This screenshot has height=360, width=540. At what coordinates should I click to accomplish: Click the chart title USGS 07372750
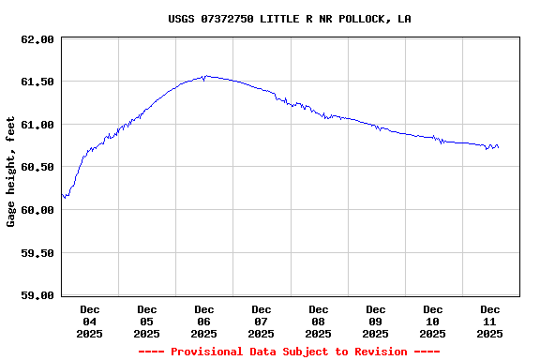289,19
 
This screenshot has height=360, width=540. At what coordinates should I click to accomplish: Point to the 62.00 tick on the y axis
37,39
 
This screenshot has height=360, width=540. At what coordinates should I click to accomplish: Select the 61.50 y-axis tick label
37,82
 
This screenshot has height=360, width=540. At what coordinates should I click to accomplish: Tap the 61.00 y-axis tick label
37,125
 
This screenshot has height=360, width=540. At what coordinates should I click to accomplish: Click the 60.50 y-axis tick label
37,167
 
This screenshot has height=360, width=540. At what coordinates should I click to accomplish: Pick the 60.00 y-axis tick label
37,210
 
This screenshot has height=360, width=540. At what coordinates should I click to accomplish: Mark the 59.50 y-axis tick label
37,253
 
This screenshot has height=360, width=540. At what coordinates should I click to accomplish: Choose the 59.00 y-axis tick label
37,295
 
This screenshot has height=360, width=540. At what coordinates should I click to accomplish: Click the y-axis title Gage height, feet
11,172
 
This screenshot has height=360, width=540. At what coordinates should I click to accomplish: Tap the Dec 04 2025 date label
90,321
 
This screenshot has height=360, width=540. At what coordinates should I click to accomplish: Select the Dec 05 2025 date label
147,321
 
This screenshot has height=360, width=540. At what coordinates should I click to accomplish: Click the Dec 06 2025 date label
204,321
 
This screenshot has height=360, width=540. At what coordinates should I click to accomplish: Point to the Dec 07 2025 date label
262,321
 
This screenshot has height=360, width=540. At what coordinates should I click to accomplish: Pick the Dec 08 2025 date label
319,321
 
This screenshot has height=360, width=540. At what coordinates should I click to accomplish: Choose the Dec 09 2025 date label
376,321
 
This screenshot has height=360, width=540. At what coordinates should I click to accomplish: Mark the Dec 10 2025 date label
433,321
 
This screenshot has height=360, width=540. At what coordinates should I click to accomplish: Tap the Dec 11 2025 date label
490,321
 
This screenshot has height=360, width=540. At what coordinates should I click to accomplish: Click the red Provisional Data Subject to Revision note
289,352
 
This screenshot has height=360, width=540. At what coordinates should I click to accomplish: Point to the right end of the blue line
498,147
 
